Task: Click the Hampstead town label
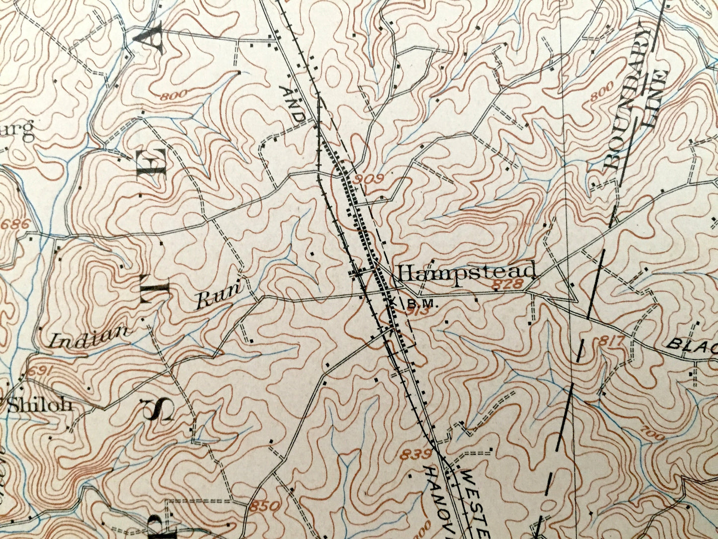[x=467, y=272]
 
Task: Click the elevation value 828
[x=509, y=284]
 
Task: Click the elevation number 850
[x=261, y=507]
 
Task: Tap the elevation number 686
[x=14, y=225]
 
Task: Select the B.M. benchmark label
[x=424, y=302]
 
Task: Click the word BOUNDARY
[x=628, y=99]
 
